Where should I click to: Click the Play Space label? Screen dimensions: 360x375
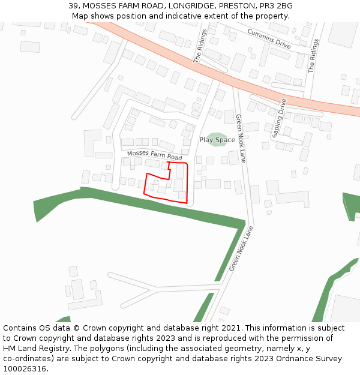[x=217, y=140]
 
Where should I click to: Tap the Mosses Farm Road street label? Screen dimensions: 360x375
[x=154, y=156]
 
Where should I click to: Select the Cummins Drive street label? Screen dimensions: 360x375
[x=269, y=39]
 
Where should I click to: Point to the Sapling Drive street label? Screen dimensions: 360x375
[x=280, y=118]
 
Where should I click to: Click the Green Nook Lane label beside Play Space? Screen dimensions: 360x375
[x=241, y=139]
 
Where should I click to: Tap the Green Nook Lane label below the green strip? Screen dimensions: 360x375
[x=241, y=248]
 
